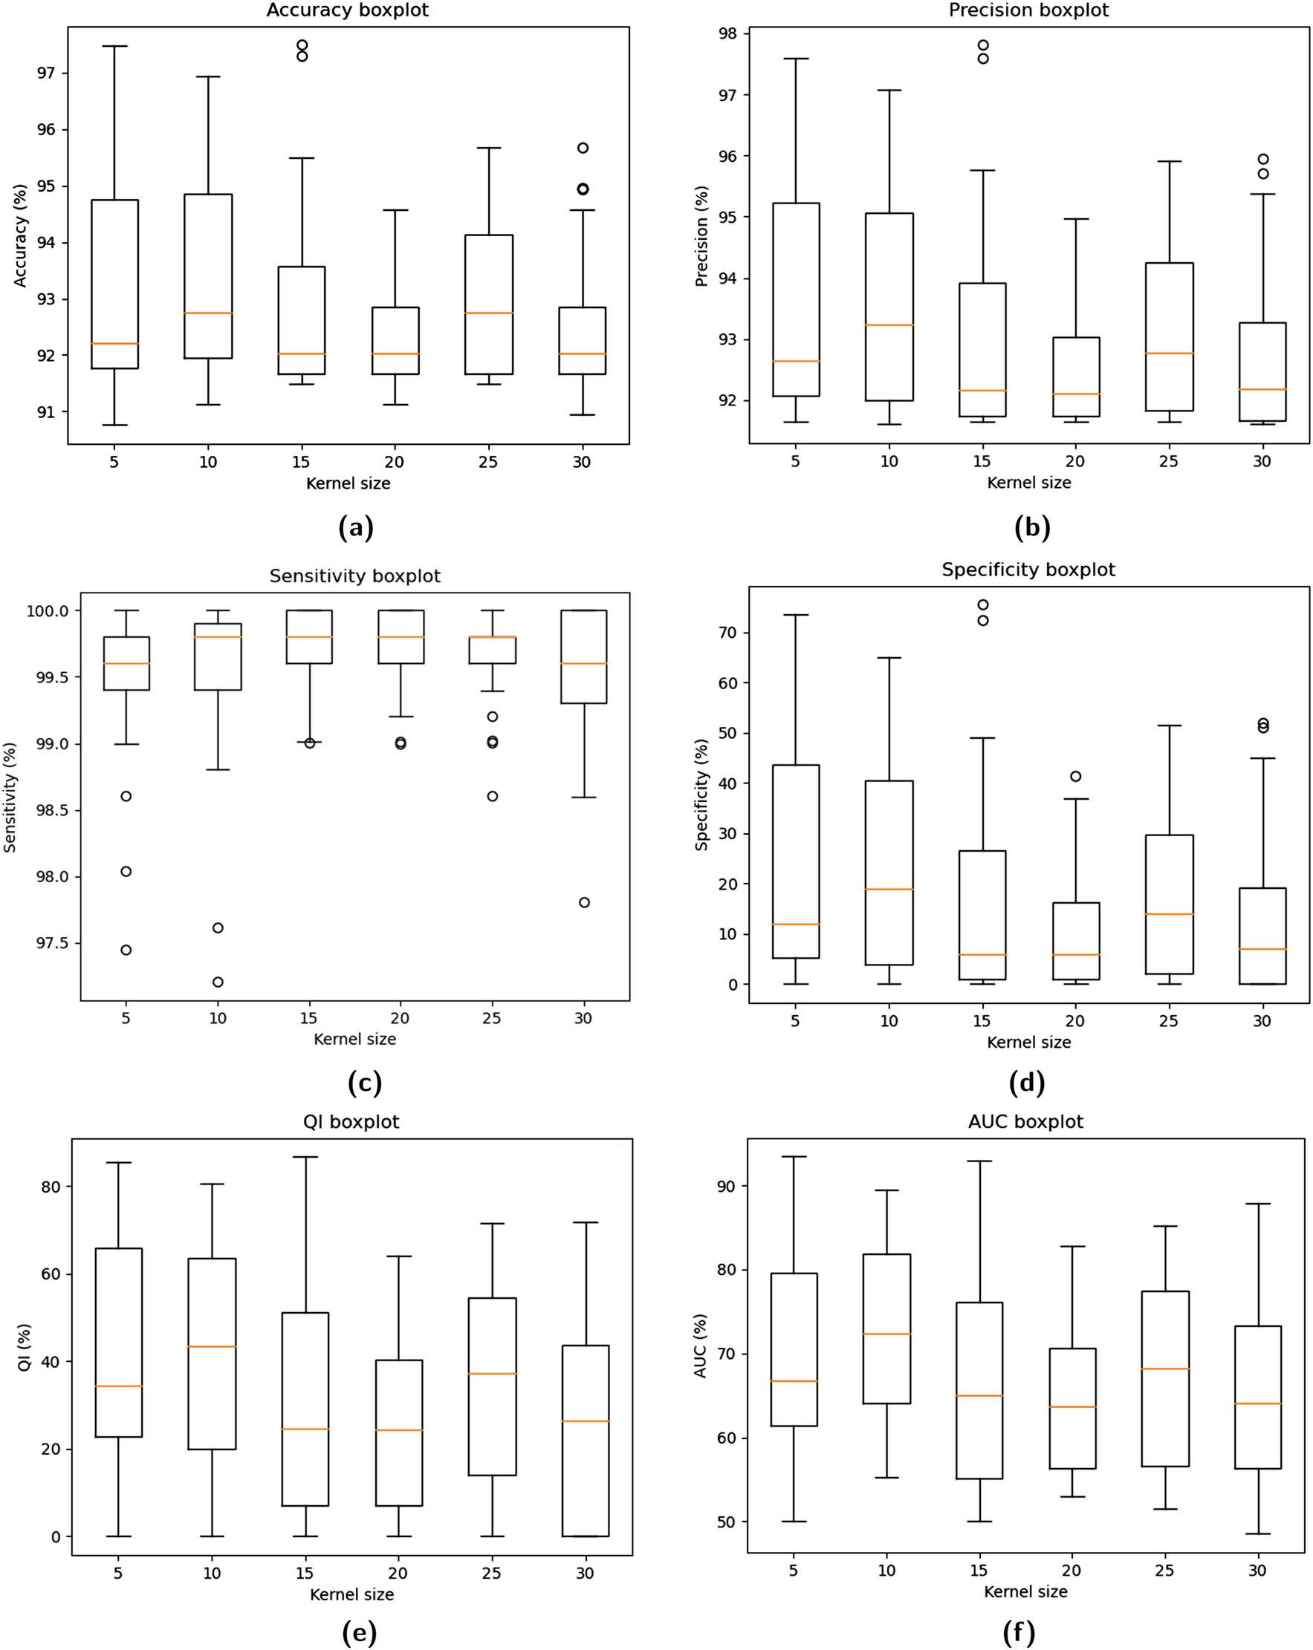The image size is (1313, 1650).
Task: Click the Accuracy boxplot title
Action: tap(347, 10)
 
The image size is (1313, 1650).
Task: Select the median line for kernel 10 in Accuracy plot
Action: tap(208, 313)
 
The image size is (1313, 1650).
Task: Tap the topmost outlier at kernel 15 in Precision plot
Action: tap(983, 45)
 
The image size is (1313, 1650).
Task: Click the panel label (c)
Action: tap(363, 1082)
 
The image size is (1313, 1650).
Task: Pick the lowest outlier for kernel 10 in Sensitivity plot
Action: tap(218, 982)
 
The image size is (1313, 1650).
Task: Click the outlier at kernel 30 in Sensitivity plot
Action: tap(584, 902)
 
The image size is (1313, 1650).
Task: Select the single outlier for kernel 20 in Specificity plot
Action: tap(1076, 776)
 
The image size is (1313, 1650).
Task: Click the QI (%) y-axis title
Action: tap(24, 1347)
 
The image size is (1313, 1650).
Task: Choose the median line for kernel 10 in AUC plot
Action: tap(886, 1334)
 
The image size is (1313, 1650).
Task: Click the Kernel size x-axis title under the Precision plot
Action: tap(1028, 483)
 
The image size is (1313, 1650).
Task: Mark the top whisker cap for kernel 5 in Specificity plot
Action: tap(796, 615)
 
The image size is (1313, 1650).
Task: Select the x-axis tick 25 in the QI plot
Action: tap(491, 1574)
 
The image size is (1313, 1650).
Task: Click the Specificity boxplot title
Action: tap(1028, 570)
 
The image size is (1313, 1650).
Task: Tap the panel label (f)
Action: tap(1018, 1632)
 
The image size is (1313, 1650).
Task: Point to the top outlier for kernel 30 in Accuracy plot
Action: tap(583, 148)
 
